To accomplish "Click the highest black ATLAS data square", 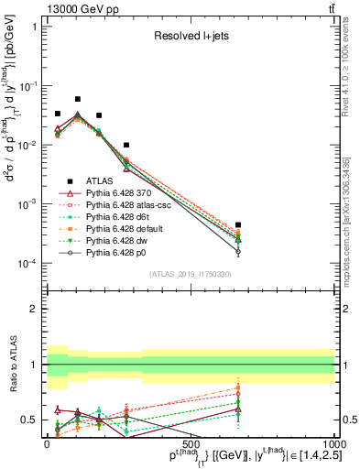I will (x=78, y=99).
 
